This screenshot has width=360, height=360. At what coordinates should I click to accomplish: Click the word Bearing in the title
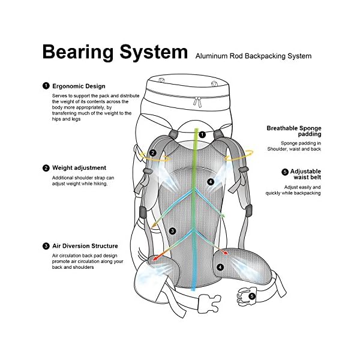tap(78, 52)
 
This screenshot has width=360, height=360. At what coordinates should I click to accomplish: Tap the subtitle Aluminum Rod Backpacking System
tap(253, 56)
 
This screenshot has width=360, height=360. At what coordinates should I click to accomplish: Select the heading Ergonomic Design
tap(79, 86)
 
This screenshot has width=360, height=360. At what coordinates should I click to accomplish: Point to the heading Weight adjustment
tap(79, 168)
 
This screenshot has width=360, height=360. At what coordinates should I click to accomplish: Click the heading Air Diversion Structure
tap(85, 246)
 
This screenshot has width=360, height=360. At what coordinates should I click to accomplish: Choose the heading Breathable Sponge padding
tap(294, 131)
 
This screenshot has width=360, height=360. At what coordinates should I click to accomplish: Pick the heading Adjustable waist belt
tap(305, 174)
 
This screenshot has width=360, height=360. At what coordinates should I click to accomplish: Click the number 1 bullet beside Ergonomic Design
tap(46, 86)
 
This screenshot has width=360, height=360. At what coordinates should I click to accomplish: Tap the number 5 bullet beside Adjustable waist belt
tap(285, 172)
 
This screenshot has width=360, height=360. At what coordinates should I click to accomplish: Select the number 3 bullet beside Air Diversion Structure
tap(46, 246)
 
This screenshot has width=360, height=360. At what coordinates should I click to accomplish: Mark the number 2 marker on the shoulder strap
tap(152, 152)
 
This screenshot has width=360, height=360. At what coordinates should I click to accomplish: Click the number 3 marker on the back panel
tap(172, 231)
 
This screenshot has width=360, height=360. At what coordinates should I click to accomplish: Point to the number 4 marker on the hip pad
tap(220, 267)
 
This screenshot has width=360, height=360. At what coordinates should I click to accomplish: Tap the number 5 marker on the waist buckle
tap(252, 296)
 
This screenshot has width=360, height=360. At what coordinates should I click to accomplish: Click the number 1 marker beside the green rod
tap(202, 134)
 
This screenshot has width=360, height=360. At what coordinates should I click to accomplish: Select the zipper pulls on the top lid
tap(197, 101)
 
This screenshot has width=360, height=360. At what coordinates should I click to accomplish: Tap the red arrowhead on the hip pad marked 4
tap(226, 253)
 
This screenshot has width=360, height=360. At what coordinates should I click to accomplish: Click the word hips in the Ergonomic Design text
tap(56, 119)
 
